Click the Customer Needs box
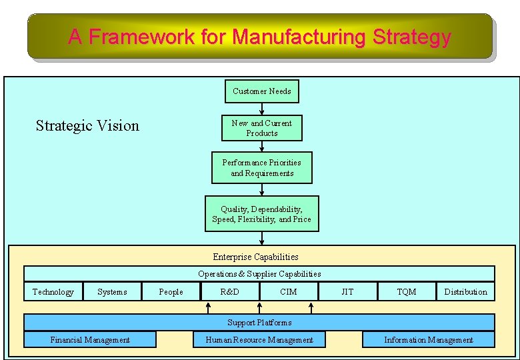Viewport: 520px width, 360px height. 262,91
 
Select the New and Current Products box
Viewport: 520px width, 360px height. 262,128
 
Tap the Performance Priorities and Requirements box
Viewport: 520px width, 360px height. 262,168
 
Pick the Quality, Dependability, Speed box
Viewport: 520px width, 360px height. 262,214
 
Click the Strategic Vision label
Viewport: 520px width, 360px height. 87,125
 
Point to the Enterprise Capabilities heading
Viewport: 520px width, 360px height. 255,257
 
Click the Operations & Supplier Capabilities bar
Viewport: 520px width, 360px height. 259,273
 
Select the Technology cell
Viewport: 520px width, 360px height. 53,291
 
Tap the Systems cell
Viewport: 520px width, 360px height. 112,291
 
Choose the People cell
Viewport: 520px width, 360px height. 171,291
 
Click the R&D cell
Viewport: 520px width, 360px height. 229,291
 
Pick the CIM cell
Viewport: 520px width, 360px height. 289,291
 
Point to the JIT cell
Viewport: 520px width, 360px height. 347,291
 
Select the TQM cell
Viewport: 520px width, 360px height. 406,291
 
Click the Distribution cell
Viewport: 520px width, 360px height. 465,291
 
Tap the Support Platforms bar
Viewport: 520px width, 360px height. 259,323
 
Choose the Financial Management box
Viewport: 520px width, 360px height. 90,339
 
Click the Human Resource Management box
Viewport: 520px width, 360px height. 259,339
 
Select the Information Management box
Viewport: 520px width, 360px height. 429,339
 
